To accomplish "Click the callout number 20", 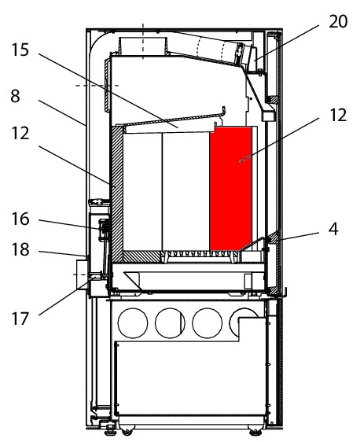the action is tap(338, 21).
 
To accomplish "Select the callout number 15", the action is tap(20, 50).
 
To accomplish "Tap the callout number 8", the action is tap(15, 96).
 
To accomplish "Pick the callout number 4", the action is tap(333, 229).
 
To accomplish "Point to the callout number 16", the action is tap(20, 219).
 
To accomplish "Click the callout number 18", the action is tap(20, 249).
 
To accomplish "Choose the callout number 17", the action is tap(20, 319).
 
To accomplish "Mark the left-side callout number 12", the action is tap(20, 133).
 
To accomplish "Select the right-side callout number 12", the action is tap(338, 115).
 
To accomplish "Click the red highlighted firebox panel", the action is tap(231, 189).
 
